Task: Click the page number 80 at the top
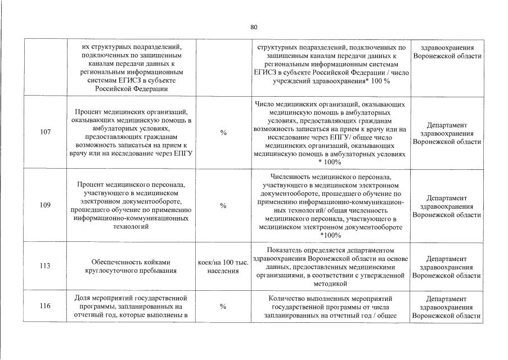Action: [x=254, y=27]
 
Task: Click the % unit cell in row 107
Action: [x=223, y=133]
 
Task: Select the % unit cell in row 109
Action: [x=223, y=206]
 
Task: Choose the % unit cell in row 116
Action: [x=223, y=307]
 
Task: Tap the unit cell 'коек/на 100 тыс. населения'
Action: [x=223, y=266]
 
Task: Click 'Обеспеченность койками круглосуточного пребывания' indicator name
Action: [x=131, y=266]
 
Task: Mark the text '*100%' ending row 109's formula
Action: [x=330, y=235]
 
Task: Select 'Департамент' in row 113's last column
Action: [x=447, y=258]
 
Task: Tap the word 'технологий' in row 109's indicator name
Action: [x=131, y=227]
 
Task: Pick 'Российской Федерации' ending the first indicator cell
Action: [x=131, y=88]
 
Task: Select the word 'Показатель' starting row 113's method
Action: [x=286, y=250]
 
